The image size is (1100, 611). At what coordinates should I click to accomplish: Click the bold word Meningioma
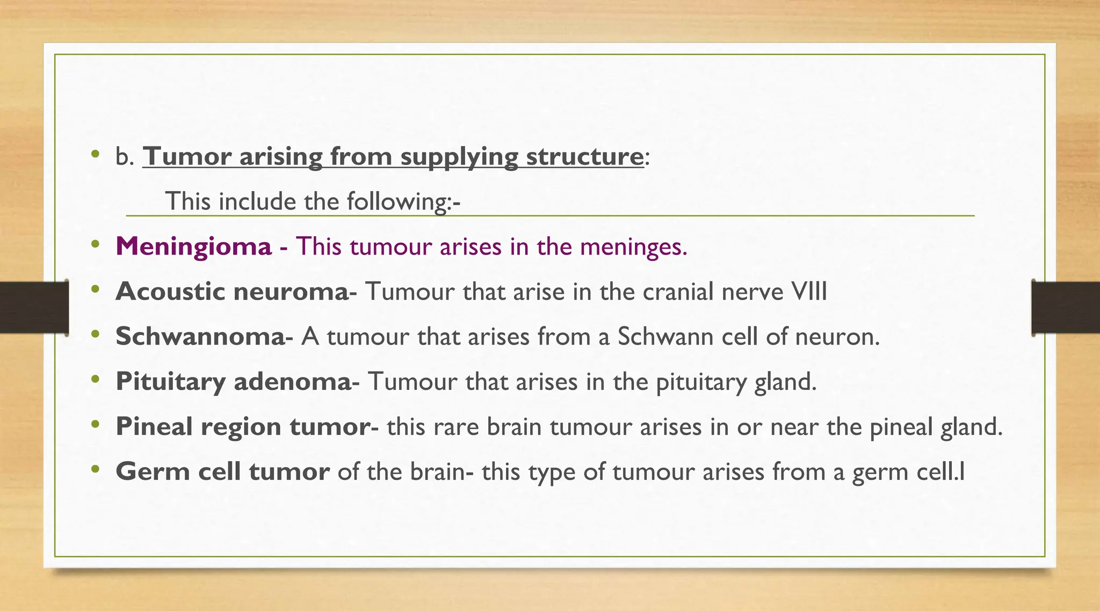193,247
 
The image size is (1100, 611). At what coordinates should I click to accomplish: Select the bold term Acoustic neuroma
232,292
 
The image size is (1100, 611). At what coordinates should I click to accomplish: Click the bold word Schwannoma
200,337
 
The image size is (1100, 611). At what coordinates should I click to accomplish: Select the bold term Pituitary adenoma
234,382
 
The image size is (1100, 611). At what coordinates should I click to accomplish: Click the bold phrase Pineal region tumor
243,427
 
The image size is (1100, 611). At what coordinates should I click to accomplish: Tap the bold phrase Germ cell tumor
222,472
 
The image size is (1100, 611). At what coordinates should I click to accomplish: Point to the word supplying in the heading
459,157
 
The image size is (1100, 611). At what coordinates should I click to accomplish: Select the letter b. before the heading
124,157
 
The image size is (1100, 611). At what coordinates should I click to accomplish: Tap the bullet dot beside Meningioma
96,245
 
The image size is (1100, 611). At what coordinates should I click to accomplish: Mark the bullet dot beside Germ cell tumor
96,469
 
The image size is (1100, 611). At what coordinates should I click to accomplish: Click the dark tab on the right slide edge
1066,307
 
